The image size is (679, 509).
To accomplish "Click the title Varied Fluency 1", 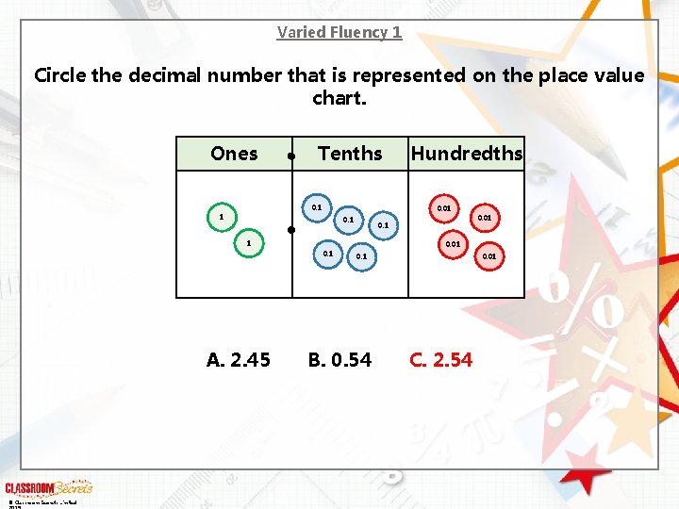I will (x=339, y=32).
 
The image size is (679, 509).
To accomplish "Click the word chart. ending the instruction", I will (x=339, y=98).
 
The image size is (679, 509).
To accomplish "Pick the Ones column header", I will (x=234, y=154).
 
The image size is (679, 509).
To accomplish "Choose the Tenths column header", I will (x=350, y=154).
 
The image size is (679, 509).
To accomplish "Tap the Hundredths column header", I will (x=467, y=154).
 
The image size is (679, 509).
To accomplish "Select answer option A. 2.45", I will (x=239, y=360).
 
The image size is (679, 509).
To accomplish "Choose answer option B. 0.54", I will (x=339, y=360).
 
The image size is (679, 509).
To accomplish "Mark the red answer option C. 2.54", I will (x=440, y=360).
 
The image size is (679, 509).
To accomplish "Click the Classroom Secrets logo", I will (x=49, y=487).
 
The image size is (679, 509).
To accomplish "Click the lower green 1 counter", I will (x=248, y=244).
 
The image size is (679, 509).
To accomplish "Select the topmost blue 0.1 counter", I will (x=317, y=207).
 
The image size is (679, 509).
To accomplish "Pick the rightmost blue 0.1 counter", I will (x=382, y=225).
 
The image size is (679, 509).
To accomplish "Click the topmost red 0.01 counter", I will (x=443, y=207).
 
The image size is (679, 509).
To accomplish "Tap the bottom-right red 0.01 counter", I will (x=489, y=255).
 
